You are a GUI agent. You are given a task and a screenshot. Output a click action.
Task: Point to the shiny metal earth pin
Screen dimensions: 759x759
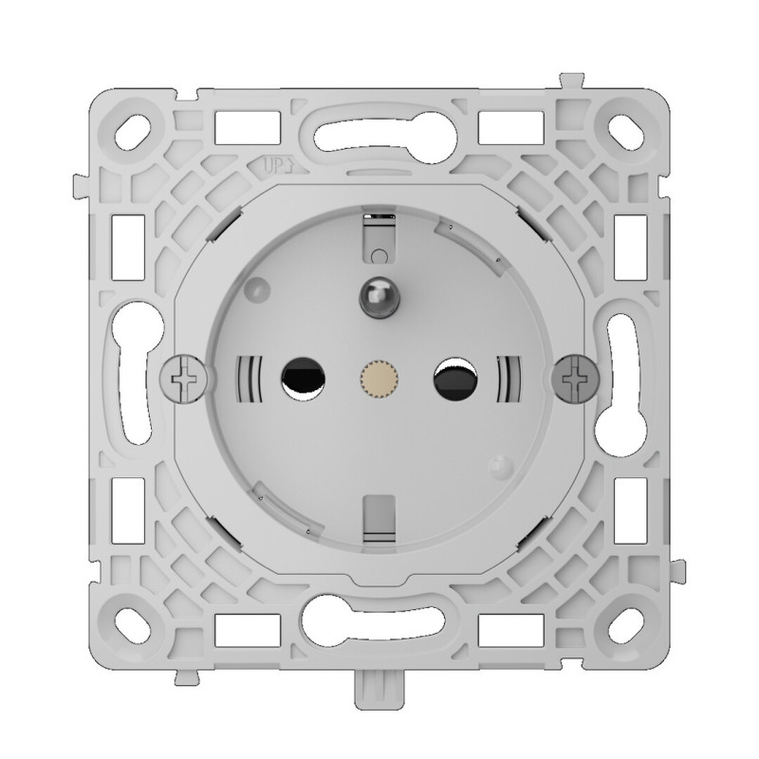(376, 296)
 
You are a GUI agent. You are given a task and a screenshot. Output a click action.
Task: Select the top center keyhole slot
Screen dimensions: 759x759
(378, 129)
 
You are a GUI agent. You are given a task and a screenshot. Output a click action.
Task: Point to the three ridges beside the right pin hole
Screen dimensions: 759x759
(507, 379)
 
